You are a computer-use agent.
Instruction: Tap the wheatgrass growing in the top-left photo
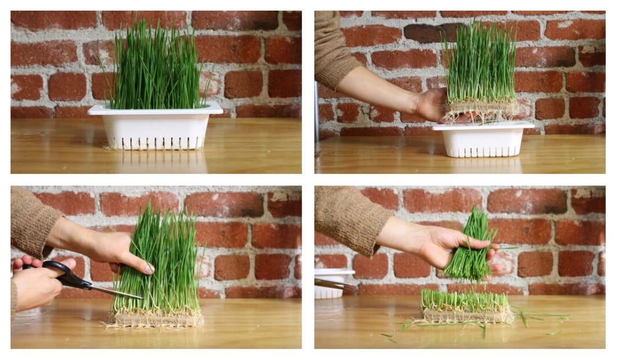[x=154, y=69]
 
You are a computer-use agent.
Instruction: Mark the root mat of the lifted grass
[x=481, y=109]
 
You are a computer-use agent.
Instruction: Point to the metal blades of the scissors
[x=114, y=291]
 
